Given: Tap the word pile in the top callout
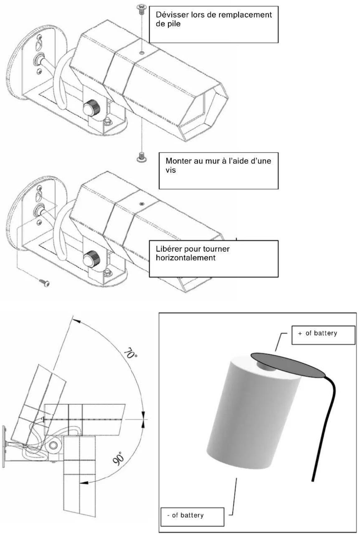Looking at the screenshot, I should [x=173, y=24].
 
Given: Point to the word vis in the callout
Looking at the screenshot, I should [x=171, y=170].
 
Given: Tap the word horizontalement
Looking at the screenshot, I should [x=185, y=258].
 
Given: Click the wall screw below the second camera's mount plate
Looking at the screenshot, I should [x=44, y=282].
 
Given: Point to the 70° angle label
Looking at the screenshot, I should [x=130, y=354].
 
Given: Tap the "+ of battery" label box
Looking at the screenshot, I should [x=323, y=335].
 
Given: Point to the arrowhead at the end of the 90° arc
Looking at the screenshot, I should [x=83, y=483].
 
